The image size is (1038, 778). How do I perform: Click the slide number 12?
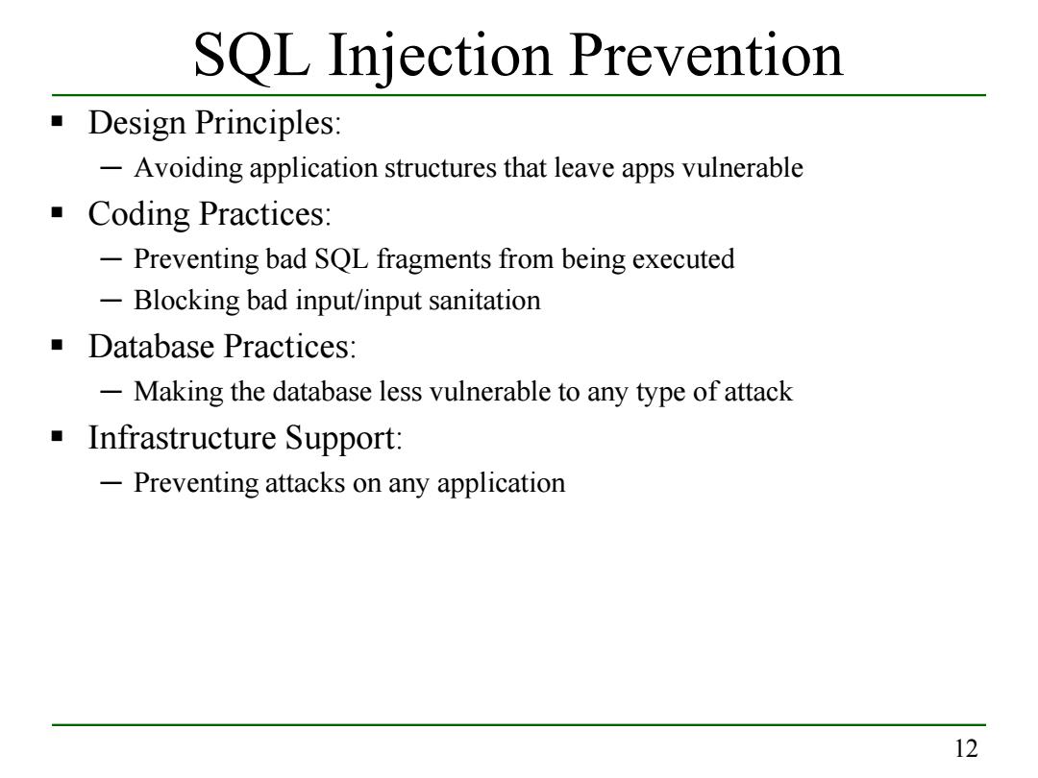pyautogui.click(x=966, y=748)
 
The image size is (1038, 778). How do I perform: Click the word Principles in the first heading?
pyautogui.click(x=267, y=124)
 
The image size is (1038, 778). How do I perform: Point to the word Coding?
pyautogui.click(x=139, y=215)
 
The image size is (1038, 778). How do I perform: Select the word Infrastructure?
pyautogui.click(x=182, y=437)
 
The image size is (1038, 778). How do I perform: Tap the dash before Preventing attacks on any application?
pyautogui.click(x=111, y=483)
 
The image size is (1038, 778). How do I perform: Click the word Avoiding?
pyautogui.click(x=188, y=169)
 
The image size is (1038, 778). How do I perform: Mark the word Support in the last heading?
pyautogui.click(x=343, y=439)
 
